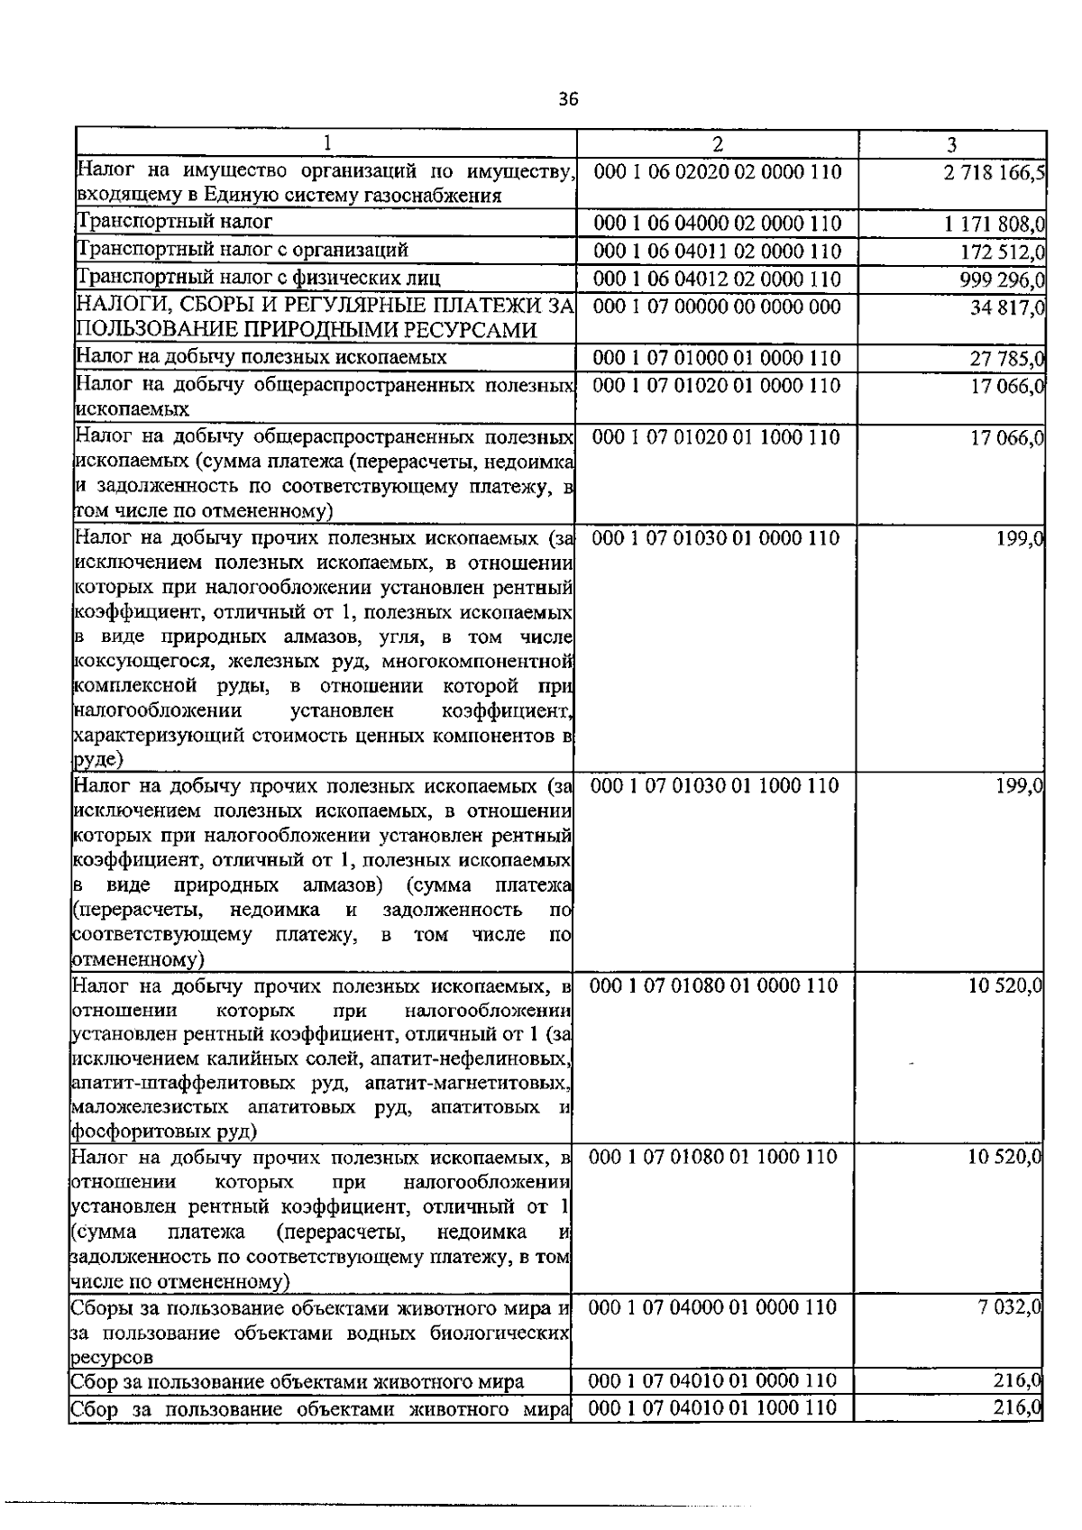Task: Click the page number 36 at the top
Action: coord(568,99)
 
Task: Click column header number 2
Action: coord(717,144)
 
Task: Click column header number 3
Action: coord(952,144)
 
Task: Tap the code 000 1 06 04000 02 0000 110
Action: coord(718,223)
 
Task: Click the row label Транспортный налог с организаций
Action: coord(243,250)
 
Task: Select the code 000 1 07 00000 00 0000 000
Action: coord(718,307)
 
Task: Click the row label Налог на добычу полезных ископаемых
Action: coord(261,357)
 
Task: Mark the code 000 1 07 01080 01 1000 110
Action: coord(713,1157)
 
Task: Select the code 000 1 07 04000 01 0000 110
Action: coord(713,1307)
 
